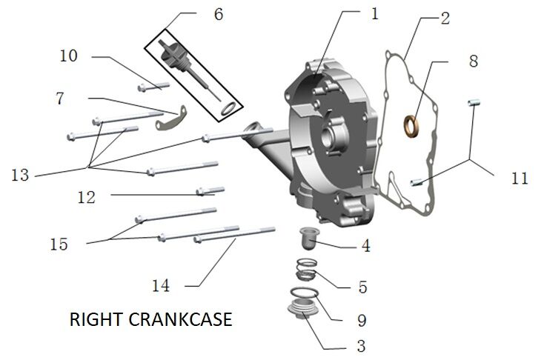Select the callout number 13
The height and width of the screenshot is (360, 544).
pos(21,175)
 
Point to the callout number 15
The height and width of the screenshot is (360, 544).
pos(59,244)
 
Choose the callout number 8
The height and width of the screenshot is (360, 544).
pos(473,61)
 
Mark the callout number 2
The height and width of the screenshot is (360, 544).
pos(444,18)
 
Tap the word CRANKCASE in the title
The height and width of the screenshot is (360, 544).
pos(182,320)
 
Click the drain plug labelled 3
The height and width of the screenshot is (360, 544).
pos(303,316)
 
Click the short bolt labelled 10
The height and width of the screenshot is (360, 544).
pos(153,85)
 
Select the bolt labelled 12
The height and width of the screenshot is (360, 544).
pos(210,191)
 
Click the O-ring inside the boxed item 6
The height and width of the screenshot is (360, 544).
pos(230,110)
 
